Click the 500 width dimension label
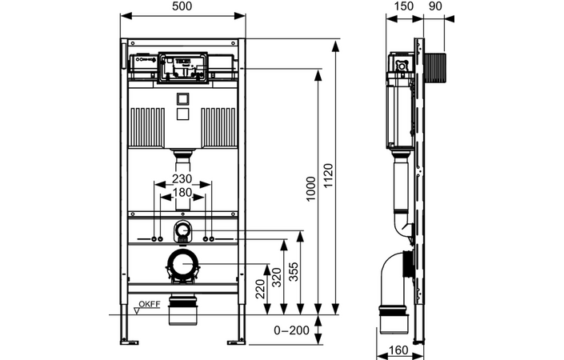click(x=182, y=7)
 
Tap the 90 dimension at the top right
click(x=437, y=7)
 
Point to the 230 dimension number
click(x=182, y=179)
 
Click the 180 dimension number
click(x=182, y=193)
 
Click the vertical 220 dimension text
click(x=260, y=289)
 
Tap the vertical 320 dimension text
click(x=277, y=277)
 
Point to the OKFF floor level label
click(x=149, y=304)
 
